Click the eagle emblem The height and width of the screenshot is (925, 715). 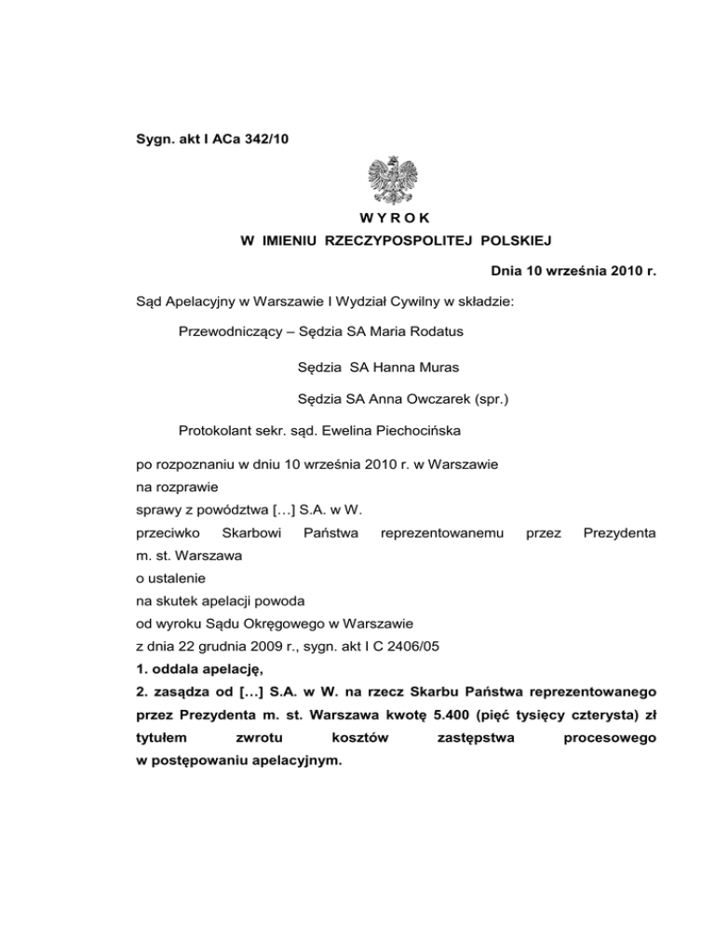click(x=392, y=181)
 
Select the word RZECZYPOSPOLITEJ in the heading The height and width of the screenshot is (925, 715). click(x=392, y=242)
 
